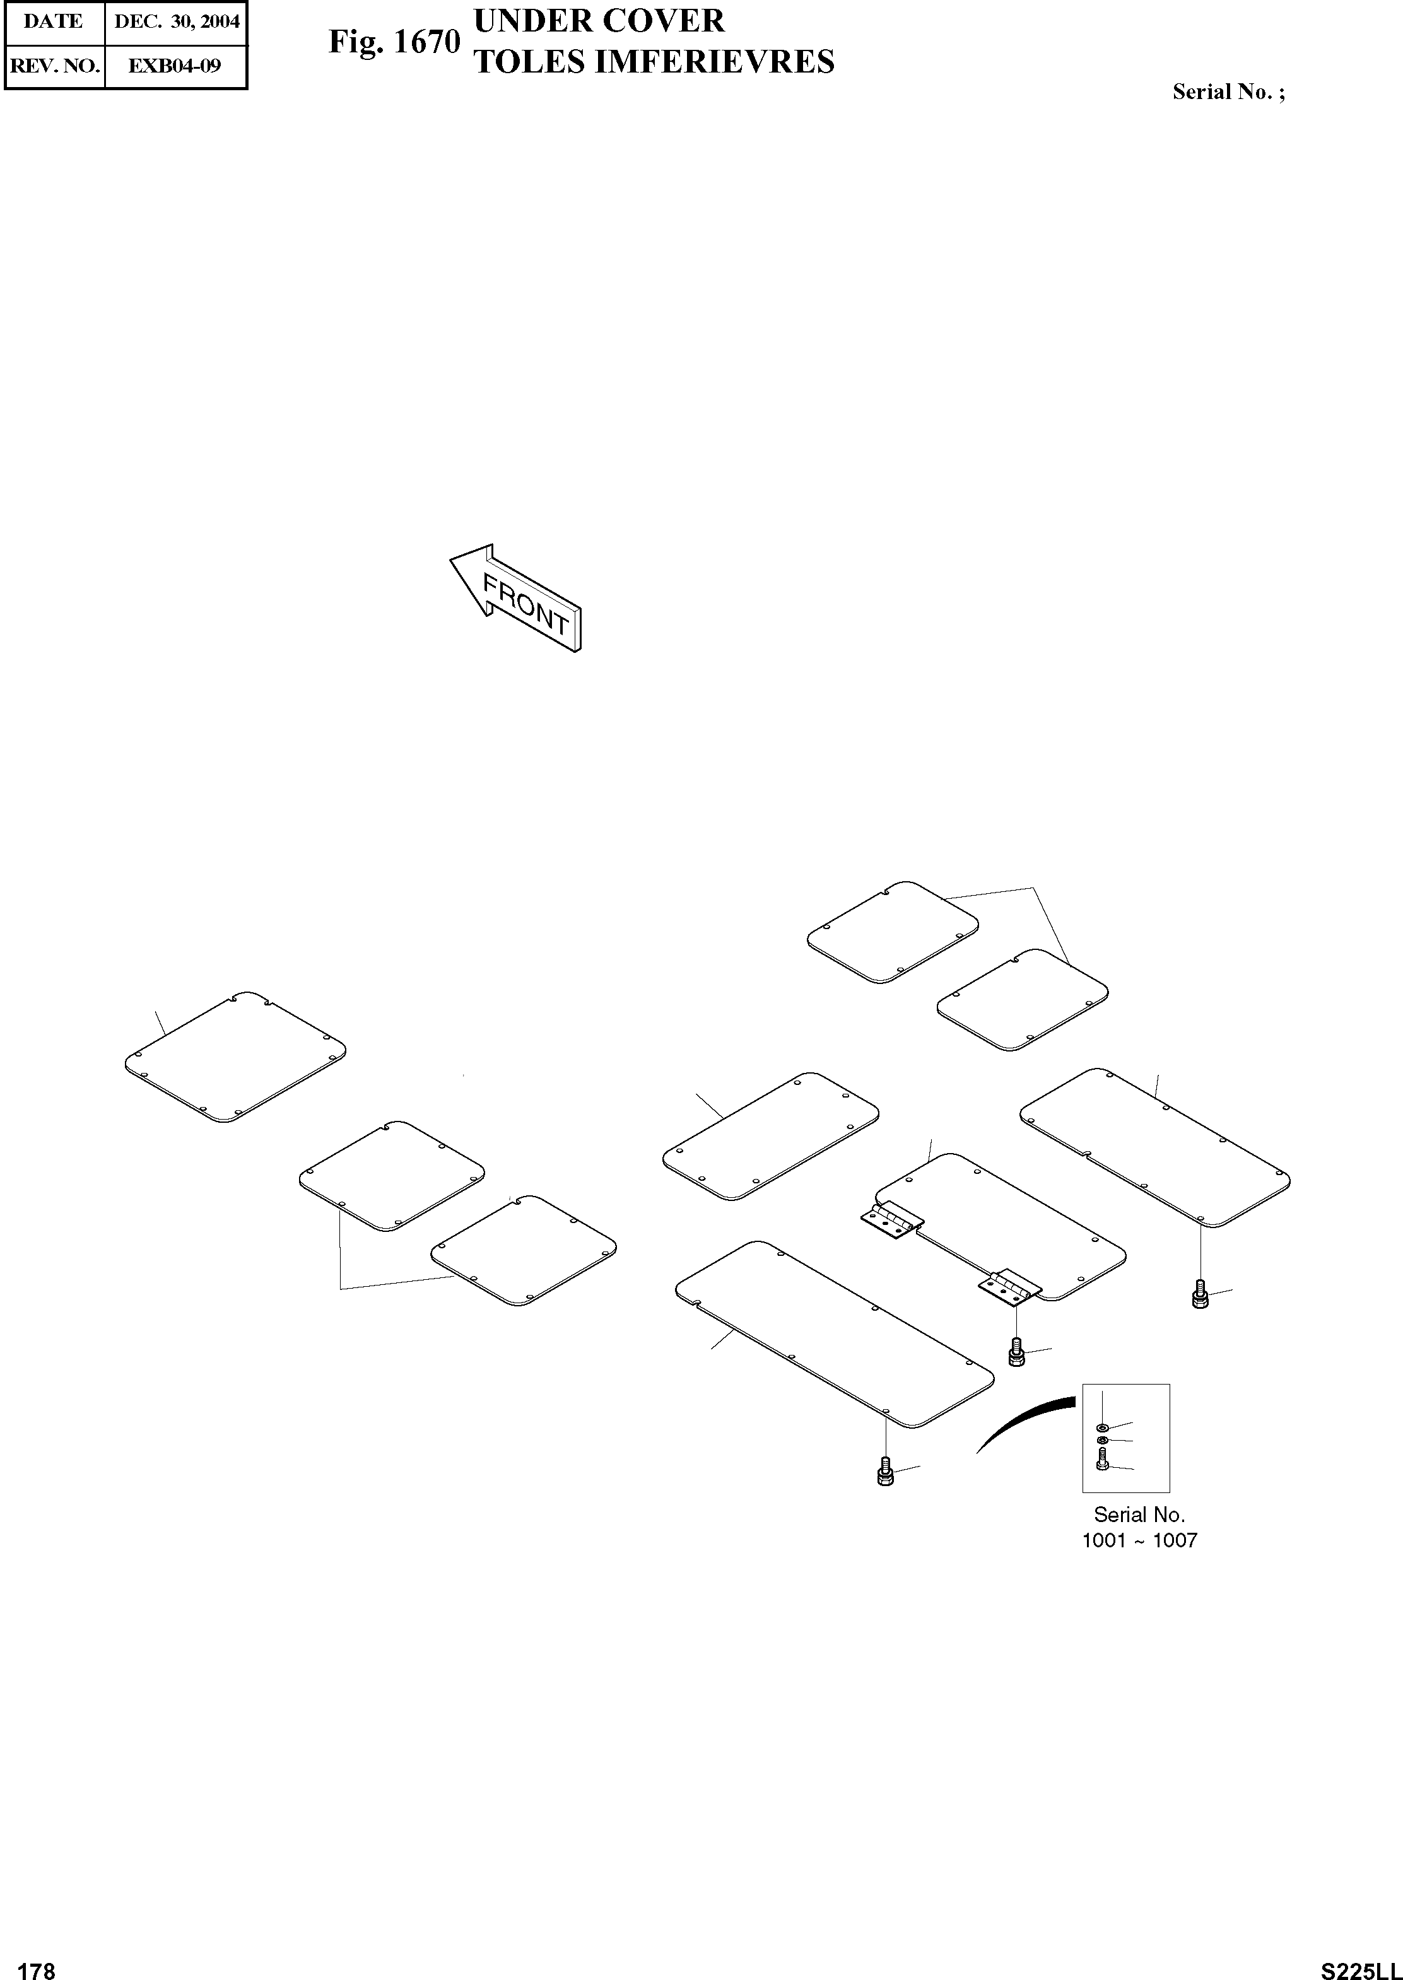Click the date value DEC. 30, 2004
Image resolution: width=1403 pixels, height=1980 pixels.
[x=176, y=21]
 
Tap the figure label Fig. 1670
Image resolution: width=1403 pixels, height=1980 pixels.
[x=394, y=42]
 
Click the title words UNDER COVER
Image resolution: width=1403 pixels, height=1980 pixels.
[x=599, y=21]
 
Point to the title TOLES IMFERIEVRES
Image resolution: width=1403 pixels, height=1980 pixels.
[x=655, y=62]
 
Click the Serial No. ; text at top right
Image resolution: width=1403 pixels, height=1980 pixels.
[x=1228, y=93]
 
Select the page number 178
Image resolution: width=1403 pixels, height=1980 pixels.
[x=37, y=1964]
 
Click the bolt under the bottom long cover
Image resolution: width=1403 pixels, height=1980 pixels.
[x=884, y=1471]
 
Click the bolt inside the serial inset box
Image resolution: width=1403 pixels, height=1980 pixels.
[x=1102, y=1461]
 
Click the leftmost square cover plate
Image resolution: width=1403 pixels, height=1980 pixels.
[x=235, y=1057]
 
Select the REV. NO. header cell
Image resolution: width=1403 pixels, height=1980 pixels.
[x=54, y=66]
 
